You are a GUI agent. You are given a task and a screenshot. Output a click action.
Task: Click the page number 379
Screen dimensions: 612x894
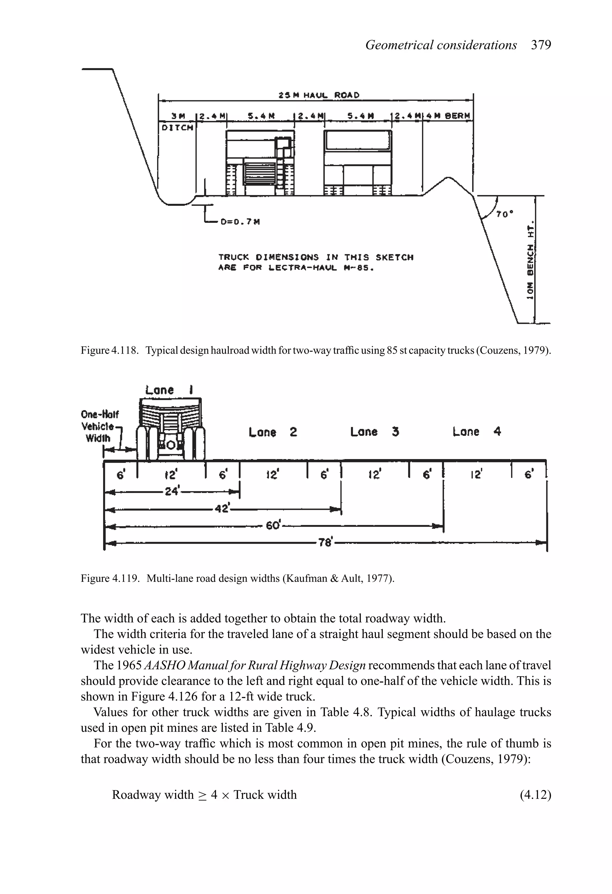[x=541, y=45]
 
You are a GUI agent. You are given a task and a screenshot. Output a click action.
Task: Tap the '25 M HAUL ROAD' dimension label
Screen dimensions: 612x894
[x=319, y=95]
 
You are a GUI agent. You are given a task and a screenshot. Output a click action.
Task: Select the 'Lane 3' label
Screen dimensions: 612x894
[x=374, y=432]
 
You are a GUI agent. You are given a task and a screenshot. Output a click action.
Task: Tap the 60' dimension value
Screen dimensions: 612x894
[x=274, y=525]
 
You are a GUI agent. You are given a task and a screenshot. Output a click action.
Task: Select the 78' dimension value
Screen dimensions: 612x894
[x=325, y=543]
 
